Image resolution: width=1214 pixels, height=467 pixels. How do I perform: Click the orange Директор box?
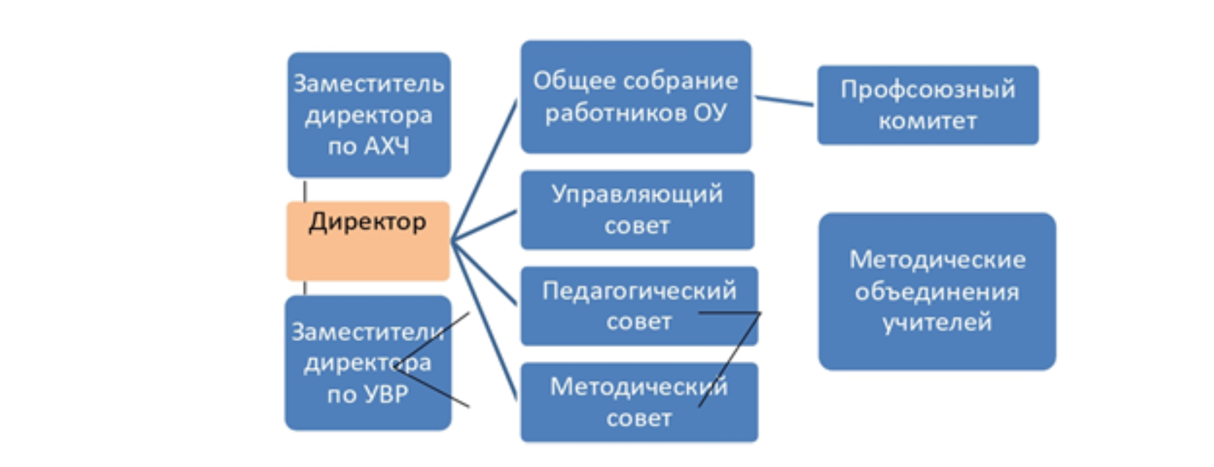[x=368, y=251]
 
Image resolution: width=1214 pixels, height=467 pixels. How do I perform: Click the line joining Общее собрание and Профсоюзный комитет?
[x=784, y=101]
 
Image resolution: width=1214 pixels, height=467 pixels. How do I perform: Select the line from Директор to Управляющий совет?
[x=484, y=225]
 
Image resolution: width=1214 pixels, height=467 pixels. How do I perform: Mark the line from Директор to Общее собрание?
[x=484, y=169]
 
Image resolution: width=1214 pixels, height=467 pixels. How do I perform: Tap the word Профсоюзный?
[x=927, y=89]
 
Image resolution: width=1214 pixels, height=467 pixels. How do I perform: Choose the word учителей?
[x=937, y=322]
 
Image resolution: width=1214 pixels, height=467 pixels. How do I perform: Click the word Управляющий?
[x=637, y=194]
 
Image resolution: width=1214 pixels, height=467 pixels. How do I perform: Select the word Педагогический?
[x=639, y=290]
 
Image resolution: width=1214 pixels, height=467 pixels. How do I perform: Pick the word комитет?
[x=927, y=121]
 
